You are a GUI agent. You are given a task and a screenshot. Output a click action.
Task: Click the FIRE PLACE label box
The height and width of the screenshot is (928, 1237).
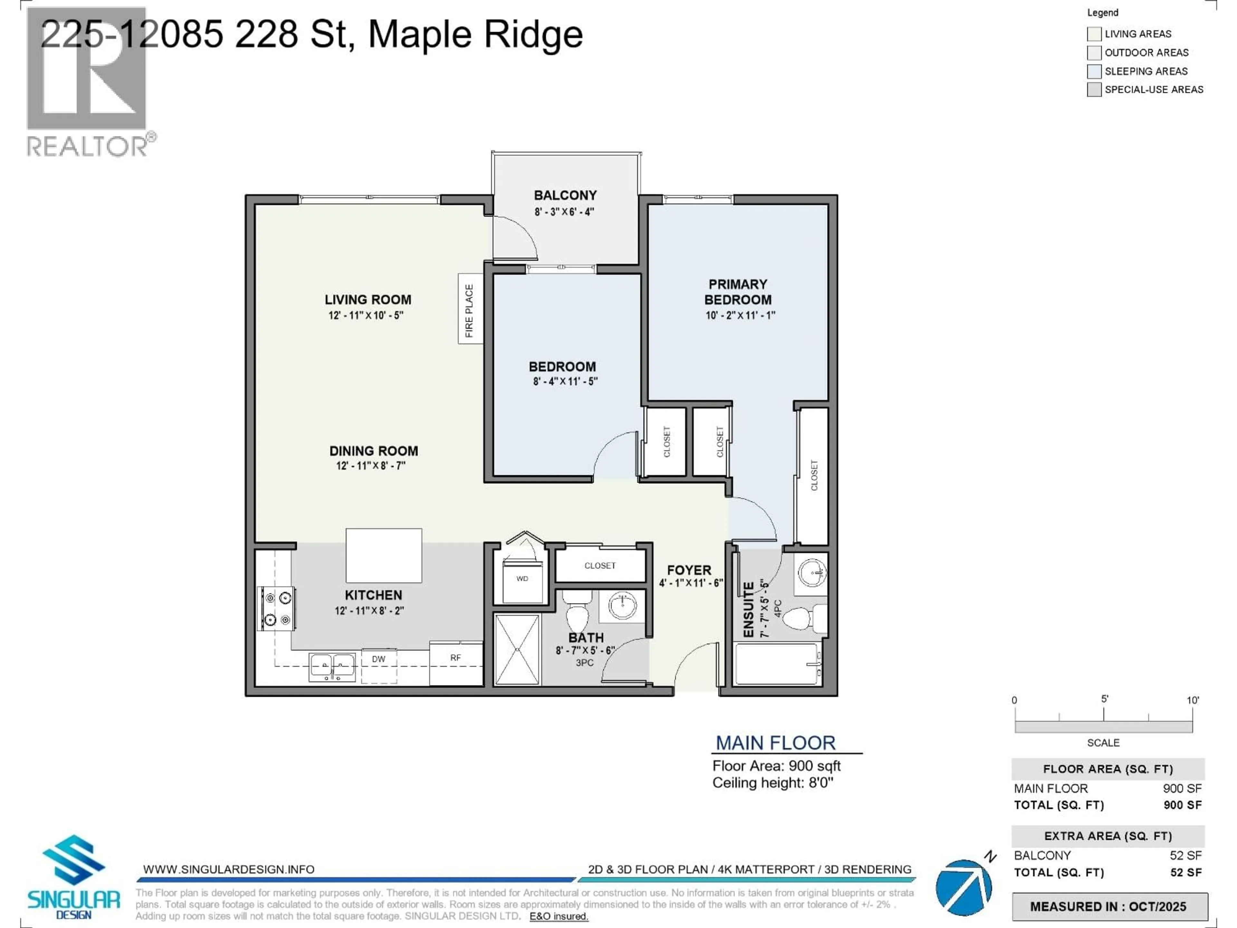470,309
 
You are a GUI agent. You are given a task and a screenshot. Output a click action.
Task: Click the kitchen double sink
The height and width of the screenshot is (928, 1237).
332,667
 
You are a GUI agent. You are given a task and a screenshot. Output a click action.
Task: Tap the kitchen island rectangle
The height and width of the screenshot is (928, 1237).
384,556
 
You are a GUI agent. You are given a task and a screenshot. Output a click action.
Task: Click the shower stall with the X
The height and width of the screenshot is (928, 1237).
517,649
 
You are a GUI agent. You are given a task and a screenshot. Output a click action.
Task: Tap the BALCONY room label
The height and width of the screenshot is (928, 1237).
565,195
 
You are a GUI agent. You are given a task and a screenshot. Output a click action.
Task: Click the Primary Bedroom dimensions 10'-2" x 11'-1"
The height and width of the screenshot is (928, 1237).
740,315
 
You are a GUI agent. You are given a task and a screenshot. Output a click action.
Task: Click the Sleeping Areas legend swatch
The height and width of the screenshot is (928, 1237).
1094,71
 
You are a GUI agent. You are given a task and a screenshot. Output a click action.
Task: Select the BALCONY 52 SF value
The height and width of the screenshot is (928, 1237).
1185,855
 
